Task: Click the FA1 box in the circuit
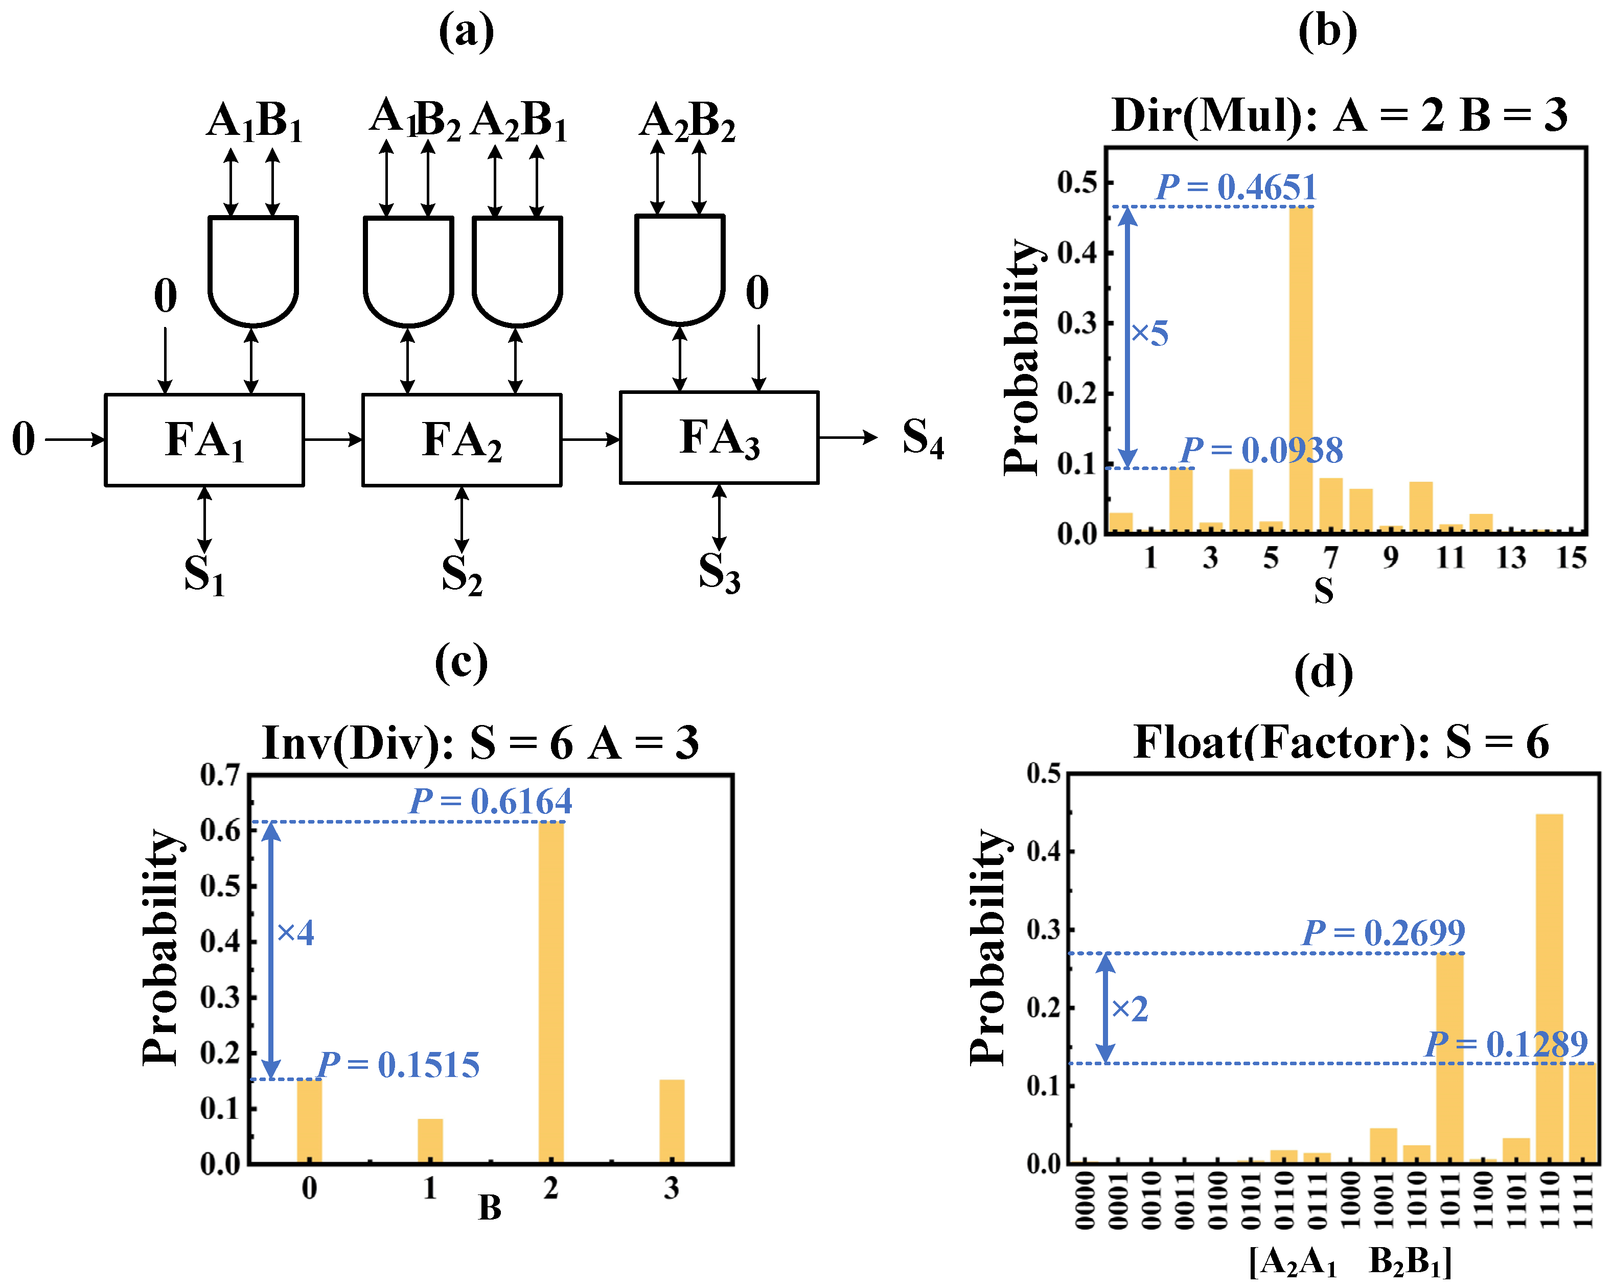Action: click(204, 440)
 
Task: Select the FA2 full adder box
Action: click(462, 440)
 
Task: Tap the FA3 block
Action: click(719, 437)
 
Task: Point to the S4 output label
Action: click(923, 437)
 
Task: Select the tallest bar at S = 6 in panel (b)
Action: click(1300, 366)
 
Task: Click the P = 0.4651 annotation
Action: click(1236, 187)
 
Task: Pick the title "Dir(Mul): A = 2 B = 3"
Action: click(1339, 116)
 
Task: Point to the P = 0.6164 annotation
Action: click(491, 801)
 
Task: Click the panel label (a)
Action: click(466, 32)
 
